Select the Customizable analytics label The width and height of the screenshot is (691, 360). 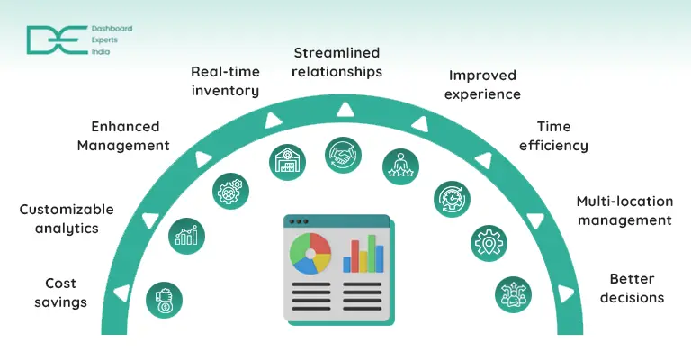click(x=67, y=219)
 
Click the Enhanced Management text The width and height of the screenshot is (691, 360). click(x=123, y=136)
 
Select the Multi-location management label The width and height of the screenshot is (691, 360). click(x=624, y=211)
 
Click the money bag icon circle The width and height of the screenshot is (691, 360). click(x=164, y=300)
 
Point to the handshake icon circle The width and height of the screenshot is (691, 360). click(x=343, y=154)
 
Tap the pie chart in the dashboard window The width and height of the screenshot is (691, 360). click(x=310, y=253)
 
